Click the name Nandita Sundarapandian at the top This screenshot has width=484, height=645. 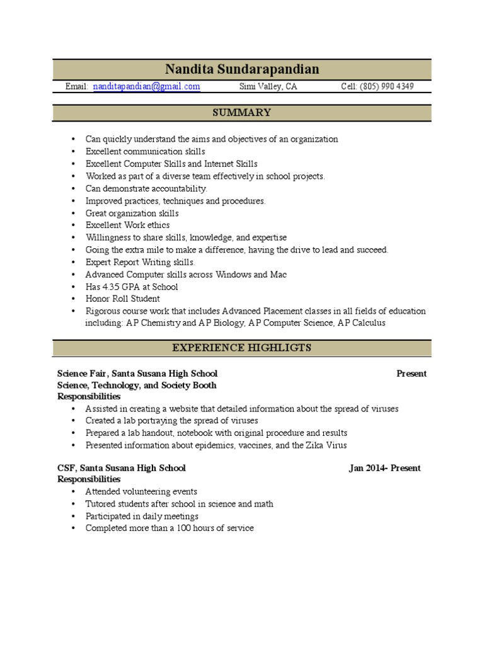pos(242,69)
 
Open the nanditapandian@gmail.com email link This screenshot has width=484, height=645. pos(147,86)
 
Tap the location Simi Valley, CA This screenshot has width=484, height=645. pos(268,86)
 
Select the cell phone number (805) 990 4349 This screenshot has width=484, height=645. pos(388,86)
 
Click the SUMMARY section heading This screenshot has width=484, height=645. pos(242,113)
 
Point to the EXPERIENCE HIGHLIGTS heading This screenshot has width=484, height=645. pos(242,348)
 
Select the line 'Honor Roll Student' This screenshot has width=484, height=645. pos(123,299)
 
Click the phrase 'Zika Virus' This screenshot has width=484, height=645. pos(328,445)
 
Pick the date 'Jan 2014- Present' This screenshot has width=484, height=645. pos(384,468)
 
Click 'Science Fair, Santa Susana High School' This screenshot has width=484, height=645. pos(137,374)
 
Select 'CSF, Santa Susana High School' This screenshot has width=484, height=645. pos(122,468)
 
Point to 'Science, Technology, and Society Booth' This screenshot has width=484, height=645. pos(137,385)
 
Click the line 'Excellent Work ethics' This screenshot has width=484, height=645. pos(128,225)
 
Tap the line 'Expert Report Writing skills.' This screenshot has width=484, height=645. pos(141,262)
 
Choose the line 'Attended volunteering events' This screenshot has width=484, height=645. pos(142,491)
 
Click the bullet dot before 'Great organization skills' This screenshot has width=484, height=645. pos(74,214)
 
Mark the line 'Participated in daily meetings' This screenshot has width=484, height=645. pos(142,516)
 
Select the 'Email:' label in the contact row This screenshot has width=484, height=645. pos(77,86)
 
